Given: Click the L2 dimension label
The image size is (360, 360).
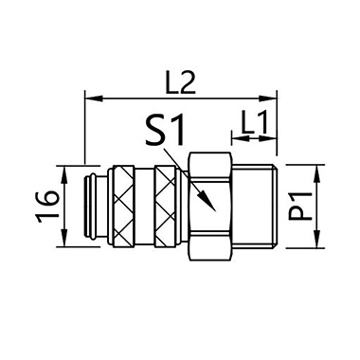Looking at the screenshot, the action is click(x=181, y=83).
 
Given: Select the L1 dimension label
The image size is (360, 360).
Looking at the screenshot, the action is click(x=254, y=121).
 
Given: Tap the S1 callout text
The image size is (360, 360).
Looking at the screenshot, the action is click(x=165, y=130).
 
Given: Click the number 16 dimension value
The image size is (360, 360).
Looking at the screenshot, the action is click(x=47, y=207).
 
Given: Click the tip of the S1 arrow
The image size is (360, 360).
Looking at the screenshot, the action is click(x=215, y=210).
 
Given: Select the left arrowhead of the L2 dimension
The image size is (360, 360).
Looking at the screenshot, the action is click(x=94, y=99).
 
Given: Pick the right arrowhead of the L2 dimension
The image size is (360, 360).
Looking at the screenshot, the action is click(x=268, y=99).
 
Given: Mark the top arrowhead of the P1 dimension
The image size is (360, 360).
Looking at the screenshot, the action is click(x=317, y=173).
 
